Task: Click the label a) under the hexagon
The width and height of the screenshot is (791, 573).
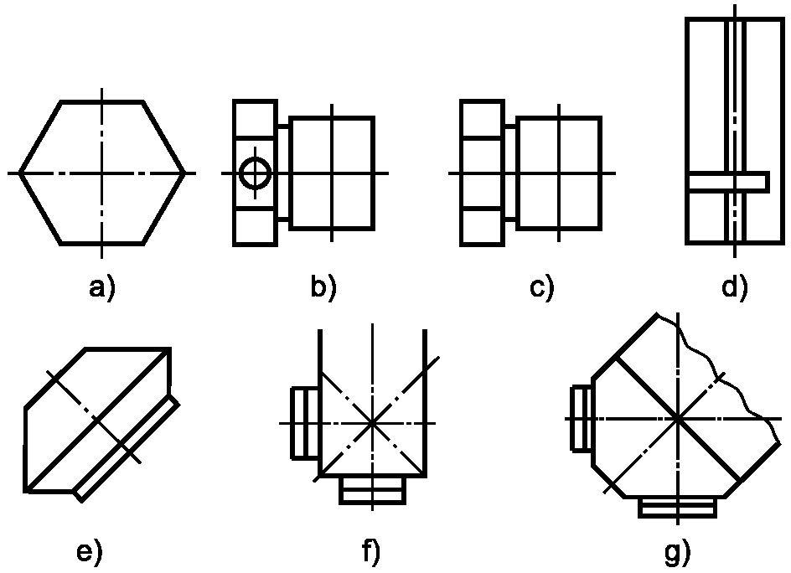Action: (102, 287)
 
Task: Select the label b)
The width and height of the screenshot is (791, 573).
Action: (323, 287)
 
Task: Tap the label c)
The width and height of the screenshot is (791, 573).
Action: (542, 287)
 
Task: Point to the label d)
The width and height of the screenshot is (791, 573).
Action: (735, 287)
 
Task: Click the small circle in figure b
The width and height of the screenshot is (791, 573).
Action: (255, 174)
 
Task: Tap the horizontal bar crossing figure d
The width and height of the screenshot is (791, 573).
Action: (727, 181)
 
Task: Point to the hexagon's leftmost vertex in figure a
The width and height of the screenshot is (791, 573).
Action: (20, 173)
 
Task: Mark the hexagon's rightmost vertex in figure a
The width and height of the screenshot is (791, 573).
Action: (184, 173)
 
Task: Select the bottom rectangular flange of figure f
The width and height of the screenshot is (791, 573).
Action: (373, 490)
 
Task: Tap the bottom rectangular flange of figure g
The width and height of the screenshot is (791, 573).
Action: (677, 507)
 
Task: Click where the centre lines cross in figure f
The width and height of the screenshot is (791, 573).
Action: (373, 424)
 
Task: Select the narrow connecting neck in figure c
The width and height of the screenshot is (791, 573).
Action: (510, 173)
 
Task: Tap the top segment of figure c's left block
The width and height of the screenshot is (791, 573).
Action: (483, 120)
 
